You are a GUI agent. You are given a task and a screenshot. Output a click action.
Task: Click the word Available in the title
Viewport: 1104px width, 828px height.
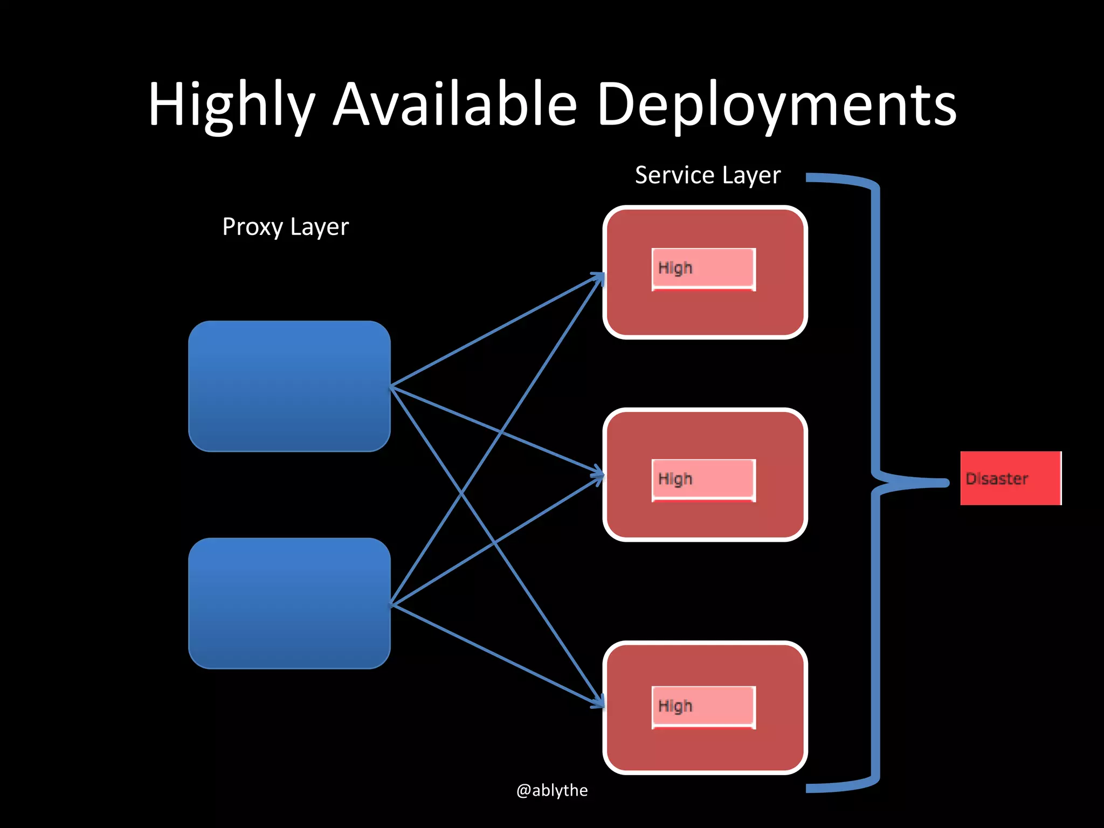(x=456, y=105)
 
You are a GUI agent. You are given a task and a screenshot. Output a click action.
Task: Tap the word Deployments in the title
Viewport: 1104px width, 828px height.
(x=776, y=105)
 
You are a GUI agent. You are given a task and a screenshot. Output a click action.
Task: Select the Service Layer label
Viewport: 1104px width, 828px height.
(x=707, y=176)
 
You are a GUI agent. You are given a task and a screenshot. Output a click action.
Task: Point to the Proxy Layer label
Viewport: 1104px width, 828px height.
(x=285, y=227)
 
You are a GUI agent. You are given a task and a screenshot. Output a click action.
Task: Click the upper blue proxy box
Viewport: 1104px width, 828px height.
(x=289, y=386)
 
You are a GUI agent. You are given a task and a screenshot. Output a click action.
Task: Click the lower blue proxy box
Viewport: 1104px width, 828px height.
(x=289, y=603)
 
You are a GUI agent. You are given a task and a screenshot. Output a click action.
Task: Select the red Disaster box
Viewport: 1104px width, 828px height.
(x=1010, y=478)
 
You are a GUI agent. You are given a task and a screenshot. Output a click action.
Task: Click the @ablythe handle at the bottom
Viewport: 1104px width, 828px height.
(x=551, y=790)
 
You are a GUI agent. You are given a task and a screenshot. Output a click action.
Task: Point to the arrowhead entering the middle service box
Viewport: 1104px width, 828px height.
(x=599, y=475)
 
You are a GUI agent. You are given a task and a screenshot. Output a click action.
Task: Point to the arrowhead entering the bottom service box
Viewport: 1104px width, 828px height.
(x=599, y=704)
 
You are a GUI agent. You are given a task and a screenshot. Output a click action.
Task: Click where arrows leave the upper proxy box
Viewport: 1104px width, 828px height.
(x=391, y=386)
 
